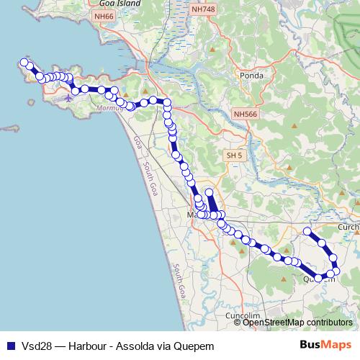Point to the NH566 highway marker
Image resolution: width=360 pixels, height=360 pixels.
pos(245,114)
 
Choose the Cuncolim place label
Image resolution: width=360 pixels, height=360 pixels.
pos(242,316)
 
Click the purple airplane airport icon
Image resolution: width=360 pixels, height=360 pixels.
pos(68,98)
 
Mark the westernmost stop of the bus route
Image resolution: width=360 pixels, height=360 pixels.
pos(24,63)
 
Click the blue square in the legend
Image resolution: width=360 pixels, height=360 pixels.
pos(11,344)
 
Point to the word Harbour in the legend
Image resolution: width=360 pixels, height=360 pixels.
pos(88,344)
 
